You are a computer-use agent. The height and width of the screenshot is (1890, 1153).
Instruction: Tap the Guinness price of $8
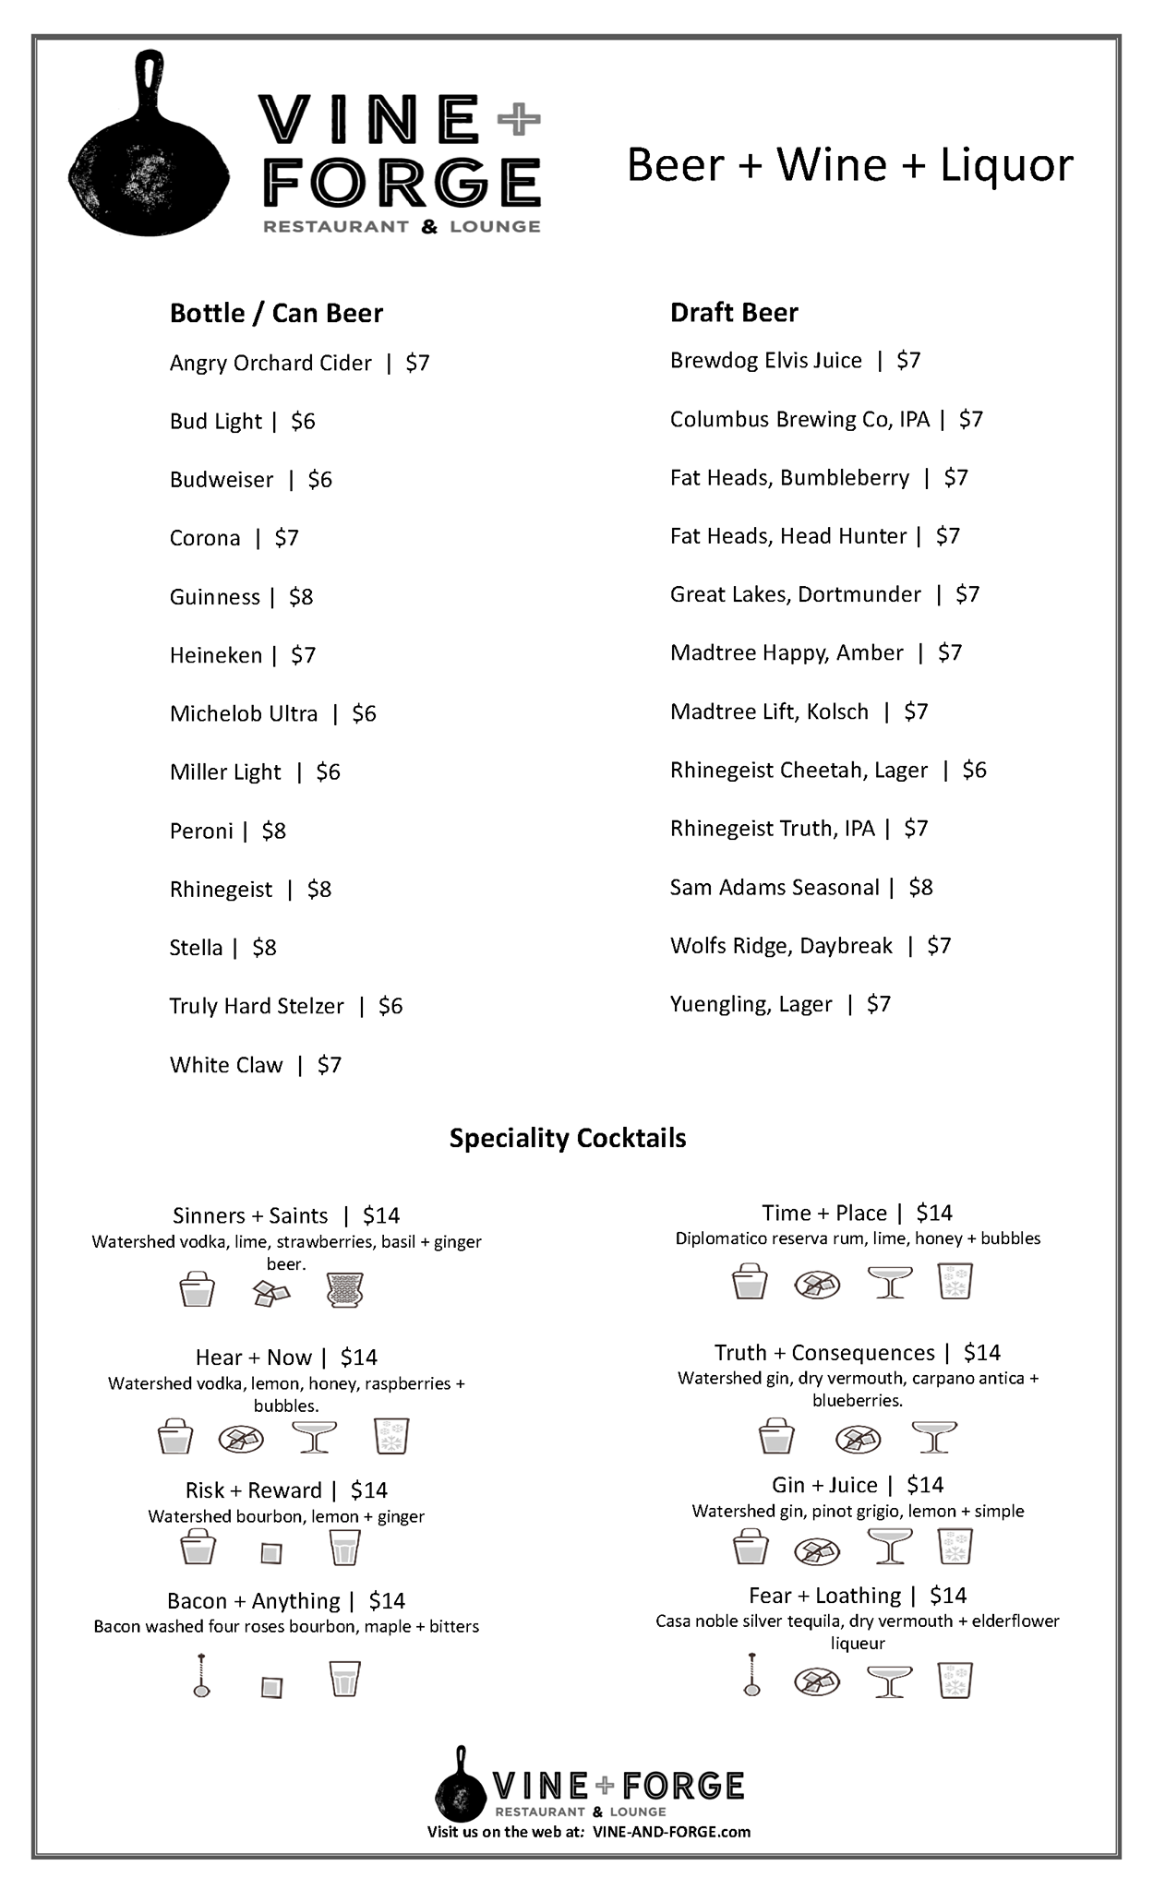pos(301,597)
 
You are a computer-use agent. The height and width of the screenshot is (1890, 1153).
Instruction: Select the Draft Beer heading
pos(734,313)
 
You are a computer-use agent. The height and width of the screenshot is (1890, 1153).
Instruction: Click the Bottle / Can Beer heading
pos(276,314)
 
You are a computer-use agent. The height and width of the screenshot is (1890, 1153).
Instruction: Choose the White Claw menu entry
pos(226,1065)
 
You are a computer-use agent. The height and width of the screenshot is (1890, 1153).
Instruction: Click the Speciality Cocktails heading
pos(568,1138)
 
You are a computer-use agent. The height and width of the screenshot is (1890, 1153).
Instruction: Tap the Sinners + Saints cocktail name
pos(250,1215)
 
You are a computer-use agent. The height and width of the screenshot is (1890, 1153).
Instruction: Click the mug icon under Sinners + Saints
pos(345,1290)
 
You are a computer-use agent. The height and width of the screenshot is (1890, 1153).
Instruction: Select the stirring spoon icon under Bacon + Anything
pos(200,1675)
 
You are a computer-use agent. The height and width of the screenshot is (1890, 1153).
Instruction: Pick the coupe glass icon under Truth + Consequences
pos(933,1437)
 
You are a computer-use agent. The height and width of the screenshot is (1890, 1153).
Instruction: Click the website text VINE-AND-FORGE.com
pos(671,1832)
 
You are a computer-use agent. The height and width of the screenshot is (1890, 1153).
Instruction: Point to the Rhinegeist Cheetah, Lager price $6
pos(974,770)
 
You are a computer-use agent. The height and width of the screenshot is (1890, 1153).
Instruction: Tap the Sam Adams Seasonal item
pos(775,887)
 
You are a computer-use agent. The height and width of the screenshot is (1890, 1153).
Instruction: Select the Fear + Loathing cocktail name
pos(824,1596)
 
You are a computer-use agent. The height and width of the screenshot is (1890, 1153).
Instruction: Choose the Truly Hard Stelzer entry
pos(257,1006)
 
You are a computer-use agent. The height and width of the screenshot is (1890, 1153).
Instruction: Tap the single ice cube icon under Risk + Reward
pos(270,1553)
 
